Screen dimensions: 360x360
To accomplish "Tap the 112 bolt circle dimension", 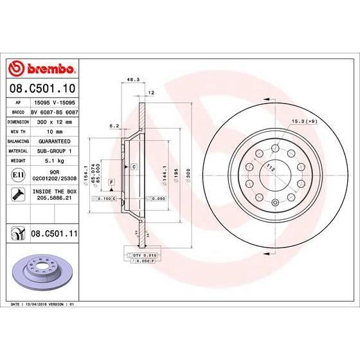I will [x=271, y=169].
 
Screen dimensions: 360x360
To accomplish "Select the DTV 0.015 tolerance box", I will [x=145, y=256].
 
